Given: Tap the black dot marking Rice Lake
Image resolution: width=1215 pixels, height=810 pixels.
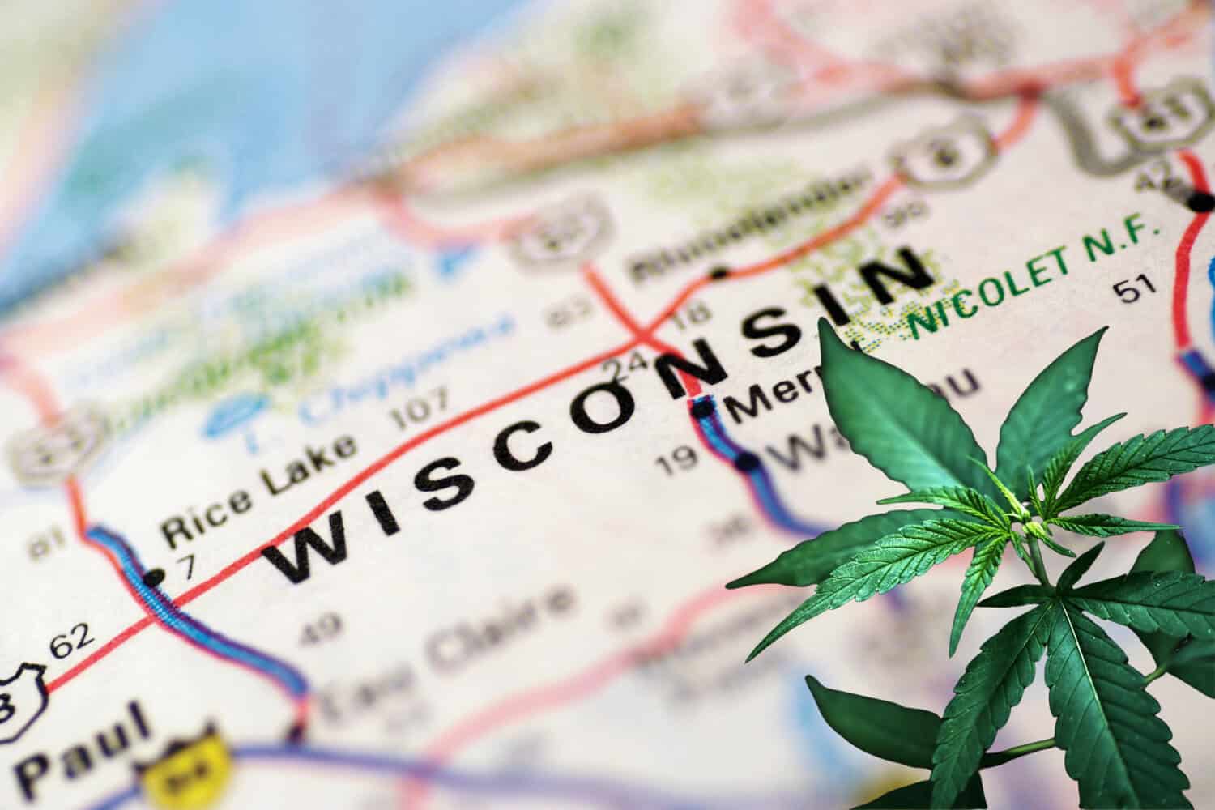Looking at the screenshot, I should point(151,578).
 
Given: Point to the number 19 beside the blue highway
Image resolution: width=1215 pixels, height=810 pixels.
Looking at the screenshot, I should point(677,460).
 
